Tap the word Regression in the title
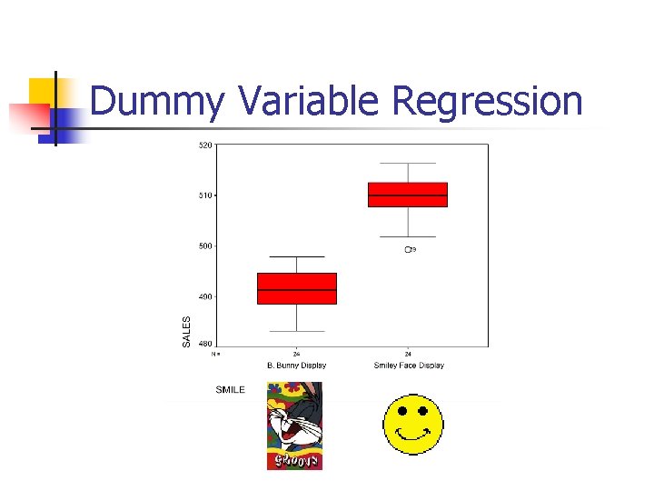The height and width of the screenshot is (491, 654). point(487,101)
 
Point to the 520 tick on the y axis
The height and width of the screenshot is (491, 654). point(205,145)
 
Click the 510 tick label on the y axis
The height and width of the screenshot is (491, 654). point(205,195)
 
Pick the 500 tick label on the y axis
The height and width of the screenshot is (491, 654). point(205,245)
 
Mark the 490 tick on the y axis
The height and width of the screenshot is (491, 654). point(205,296)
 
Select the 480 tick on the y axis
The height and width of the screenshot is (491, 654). point(205,343)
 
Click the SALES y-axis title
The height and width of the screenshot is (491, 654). point(187,331)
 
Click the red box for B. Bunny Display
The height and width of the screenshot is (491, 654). point(297,288)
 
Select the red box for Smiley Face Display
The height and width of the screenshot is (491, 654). point(408,195)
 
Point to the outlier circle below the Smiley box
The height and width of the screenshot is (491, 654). point(407,249)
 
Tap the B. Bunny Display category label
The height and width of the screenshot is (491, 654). point(296,366)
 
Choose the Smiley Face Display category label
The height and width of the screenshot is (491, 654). point(409,366)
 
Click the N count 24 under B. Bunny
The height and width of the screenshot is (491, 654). point(296,354)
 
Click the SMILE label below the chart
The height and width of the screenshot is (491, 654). point(230,390)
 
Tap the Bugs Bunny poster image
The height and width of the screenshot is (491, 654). point(294,426)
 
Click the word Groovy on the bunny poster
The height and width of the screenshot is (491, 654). point(294,461)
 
